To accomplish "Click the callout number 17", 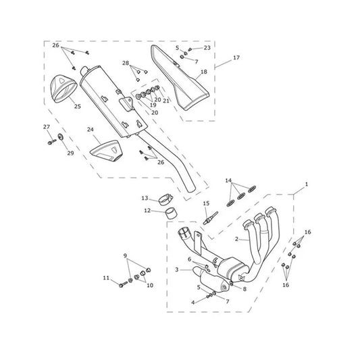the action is [236, 57].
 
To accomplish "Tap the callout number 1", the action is [306, 184].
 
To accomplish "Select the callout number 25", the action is [78, 106].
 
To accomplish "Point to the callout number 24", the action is [91, 130].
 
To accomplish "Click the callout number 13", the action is [145, 198].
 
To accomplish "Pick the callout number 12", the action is [147, 210].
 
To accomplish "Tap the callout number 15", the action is [206, 203].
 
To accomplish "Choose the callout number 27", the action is [47, 127].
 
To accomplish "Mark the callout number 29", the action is [70, 153].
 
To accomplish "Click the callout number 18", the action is [204, 72].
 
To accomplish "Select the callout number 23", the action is [207, 48].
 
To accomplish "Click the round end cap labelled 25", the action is [63, 89].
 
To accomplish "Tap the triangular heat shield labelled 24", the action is [105, 151].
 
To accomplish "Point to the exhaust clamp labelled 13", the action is [165, 199].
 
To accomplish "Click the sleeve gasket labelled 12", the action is [170, 214].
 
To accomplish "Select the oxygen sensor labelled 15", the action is [210, 218].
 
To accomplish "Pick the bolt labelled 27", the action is [52, 142].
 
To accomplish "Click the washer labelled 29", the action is [61, 137].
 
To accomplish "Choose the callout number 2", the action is [236, 239].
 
